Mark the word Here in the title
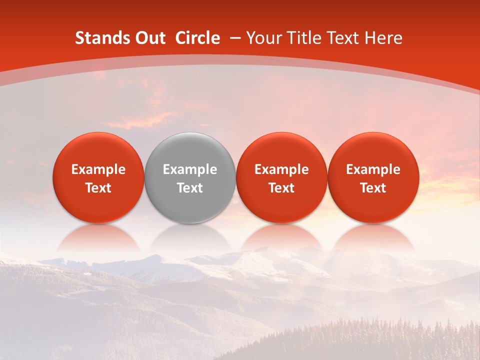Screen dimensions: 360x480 click(x=384, y=38)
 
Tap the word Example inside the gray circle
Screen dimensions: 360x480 click(x=190, y=169)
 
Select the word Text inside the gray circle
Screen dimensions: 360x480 click(x=190, y=188)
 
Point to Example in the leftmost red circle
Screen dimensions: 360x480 click(x=98, y=169)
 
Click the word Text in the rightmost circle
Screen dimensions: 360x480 click(x=373, y=188)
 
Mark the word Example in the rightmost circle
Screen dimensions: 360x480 click(x=373, y=169)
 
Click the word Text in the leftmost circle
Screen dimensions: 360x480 click(x=98, y=188)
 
